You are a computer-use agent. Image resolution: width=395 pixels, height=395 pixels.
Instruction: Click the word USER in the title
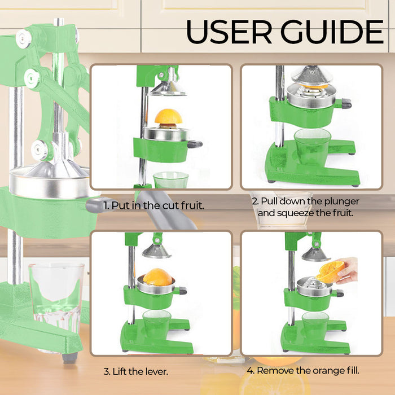click(x=229, y=32)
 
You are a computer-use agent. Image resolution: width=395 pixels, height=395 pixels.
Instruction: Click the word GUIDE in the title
click(x=332, y=32)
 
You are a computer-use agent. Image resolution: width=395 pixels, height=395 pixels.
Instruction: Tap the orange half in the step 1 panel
click(x=168, y=116)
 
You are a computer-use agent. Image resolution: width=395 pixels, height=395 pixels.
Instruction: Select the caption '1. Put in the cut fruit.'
click(x=153, y=205)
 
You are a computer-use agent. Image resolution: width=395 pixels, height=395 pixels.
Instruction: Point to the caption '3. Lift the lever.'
click(x=136, y=371)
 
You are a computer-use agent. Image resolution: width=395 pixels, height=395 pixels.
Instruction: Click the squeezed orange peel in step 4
click(x=330, y=271)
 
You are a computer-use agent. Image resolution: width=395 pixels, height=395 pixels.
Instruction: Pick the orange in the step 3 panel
click(x=157, y=277)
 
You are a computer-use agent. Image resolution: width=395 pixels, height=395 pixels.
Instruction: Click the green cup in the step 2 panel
click(x=312, y=146)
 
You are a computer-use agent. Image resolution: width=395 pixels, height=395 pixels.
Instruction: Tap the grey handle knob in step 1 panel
click(x=195, y=144)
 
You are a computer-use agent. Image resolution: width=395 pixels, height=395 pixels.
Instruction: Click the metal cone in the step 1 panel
click(x=168, y=89)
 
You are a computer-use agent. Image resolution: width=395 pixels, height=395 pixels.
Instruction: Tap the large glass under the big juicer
click(x=56, y=297)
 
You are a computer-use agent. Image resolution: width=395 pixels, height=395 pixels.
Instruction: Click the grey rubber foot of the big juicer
click(x=70, y=358)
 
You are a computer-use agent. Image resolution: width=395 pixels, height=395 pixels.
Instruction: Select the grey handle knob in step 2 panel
click(x=346, y=103)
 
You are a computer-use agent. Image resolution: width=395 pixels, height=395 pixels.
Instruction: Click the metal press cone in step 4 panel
click(x=315, y=254)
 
